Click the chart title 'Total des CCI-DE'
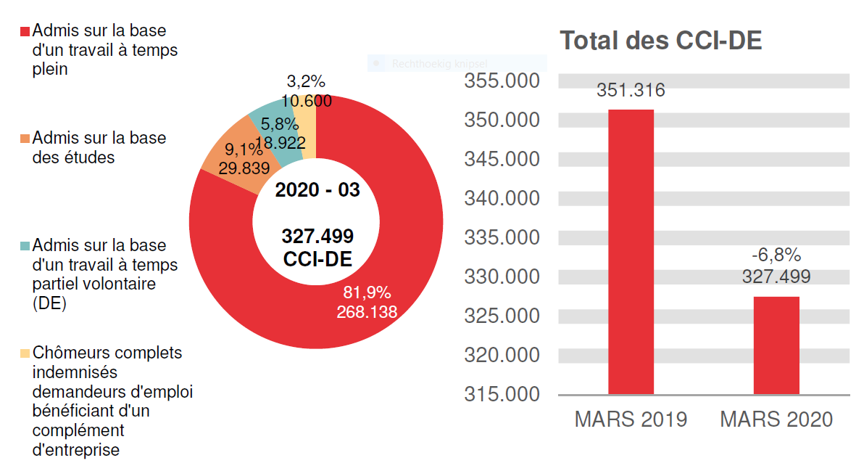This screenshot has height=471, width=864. (x=660, y=41)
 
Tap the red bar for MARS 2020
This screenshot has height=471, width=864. (x=776, y=345)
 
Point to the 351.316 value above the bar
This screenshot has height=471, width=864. (x=631, y=91)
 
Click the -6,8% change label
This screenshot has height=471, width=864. (x=776, y=255)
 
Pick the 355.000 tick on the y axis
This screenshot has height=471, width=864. (x=502, y=81)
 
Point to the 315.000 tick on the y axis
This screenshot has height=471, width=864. (x=502, y=394)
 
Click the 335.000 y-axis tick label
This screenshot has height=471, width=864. (x=502, y=237)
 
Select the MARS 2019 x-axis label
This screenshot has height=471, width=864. (x=631, y=420)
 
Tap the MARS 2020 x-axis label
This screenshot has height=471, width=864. (x=776, y=420)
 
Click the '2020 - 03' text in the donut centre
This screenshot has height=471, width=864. (x=317, y=190)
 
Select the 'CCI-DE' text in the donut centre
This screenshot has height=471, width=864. (x=317, y=260)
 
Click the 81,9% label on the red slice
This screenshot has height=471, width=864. (x=367, y=292)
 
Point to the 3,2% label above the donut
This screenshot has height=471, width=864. (x=306, y=81)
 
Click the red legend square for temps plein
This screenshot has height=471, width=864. (x=25, y=32)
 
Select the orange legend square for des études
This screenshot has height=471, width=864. (x=25, y=139)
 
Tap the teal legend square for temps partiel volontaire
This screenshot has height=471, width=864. (x=25, y=246)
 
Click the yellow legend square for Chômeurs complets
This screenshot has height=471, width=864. (x=25, y=353)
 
